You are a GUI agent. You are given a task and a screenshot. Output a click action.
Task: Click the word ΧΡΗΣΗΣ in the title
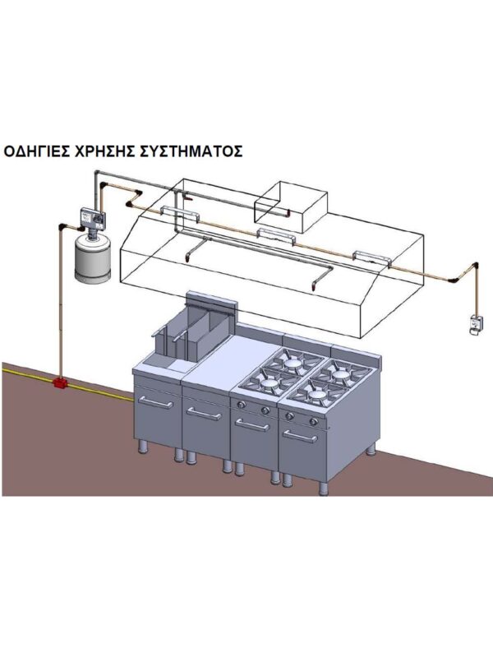114,152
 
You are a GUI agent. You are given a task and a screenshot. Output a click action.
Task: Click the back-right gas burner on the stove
339,372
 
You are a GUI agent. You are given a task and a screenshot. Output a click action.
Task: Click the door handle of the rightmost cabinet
302,436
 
